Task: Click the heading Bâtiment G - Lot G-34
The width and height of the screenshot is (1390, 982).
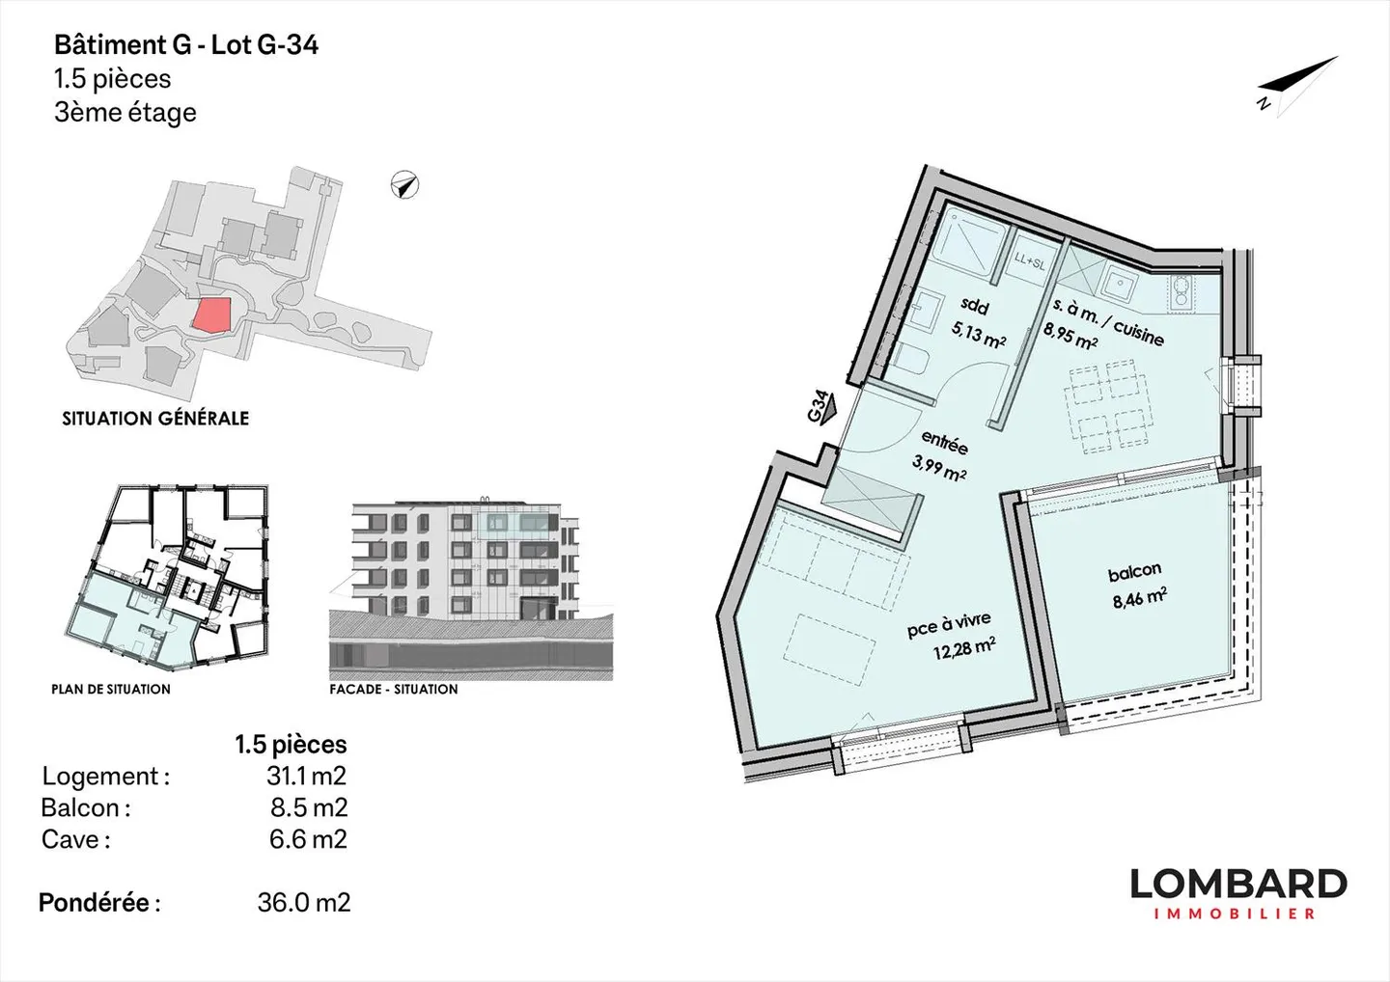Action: [186, 45]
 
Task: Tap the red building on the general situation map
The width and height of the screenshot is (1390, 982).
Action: [211, 314]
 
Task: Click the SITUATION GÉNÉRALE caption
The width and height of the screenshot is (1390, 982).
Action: [155, 419]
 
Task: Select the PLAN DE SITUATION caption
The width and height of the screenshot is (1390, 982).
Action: [111, 689]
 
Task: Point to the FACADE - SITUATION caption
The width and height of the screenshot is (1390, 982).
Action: [394, 689]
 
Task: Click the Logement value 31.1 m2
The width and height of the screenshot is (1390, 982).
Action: [306, 776]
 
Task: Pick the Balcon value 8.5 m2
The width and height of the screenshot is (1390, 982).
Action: [308, 807]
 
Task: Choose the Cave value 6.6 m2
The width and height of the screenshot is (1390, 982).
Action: [308, 839]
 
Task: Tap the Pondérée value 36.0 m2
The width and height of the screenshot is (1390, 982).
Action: [303, 903]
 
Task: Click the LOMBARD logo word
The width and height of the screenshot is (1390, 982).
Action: [1238, 884]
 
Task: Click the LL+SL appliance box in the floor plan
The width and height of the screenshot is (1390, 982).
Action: [1029, 260]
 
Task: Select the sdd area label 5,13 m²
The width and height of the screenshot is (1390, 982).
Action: [978, 334]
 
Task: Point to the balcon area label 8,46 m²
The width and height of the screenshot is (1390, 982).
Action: [1139, 599]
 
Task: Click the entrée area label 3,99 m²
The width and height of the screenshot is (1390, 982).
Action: [939, 472]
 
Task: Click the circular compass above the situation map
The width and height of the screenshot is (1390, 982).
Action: [405, 184]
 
